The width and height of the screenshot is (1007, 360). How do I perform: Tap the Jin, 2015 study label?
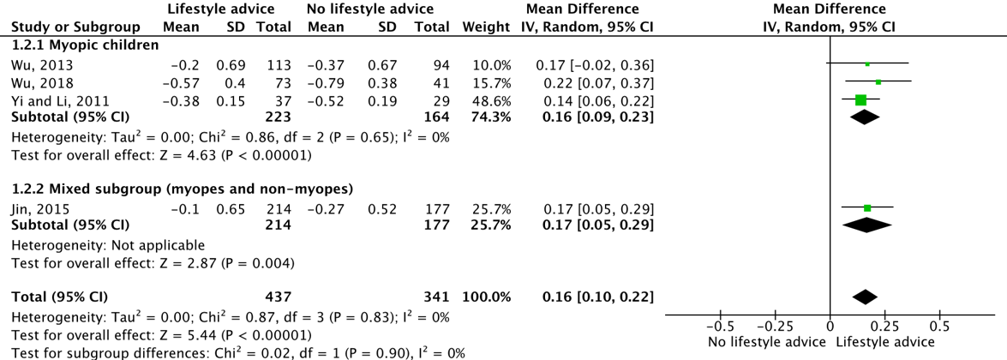point(33,209)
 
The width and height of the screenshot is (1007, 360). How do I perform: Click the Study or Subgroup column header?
point(75,27)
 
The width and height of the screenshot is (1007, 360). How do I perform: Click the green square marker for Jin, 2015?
point(867,207)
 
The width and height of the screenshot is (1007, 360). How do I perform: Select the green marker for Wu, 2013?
point(867,64)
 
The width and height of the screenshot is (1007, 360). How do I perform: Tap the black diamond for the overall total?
point(865,297)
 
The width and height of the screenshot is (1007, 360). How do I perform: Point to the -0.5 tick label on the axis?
point(719,327)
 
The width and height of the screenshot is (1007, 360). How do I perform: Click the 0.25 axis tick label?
point(885,327)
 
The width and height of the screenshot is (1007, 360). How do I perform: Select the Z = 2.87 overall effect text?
point(153,262)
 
